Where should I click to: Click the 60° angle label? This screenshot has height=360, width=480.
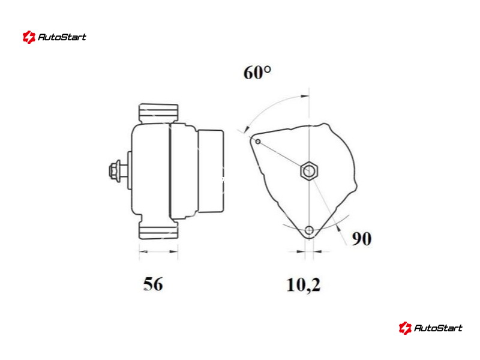[x=257, y=73]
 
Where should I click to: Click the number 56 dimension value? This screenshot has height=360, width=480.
[x=153, y=284]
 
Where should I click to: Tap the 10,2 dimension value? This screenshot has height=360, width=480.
[x=304, y=284]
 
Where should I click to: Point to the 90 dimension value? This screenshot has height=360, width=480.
[x=362, y=238]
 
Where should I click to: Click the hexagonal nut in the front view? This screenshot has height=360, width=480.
[x=309, y=170]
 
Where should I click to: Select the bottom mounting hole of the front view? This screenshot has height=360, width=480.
[x=309, y=230]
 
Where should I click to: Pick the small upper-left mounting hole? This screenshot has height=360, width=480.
[x=258, y=141]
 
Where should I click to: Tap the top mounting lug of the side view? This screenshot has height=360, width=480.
[x=158, y=113]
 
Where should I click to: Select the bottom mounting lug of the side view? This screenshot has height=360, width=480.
[x=158, y=230]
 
